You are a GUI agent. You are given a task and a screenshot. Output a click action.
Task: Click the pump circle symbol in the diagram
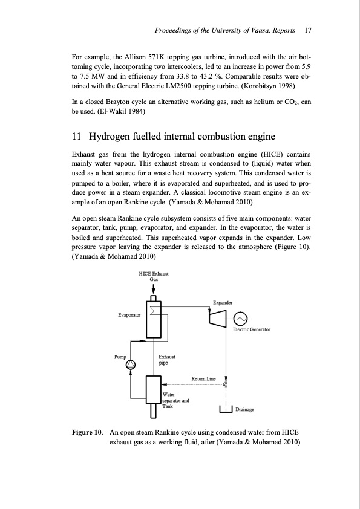(129, 364)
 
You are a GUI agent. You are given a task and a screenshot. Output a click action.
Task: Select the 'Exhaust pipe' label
(166, 361)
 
